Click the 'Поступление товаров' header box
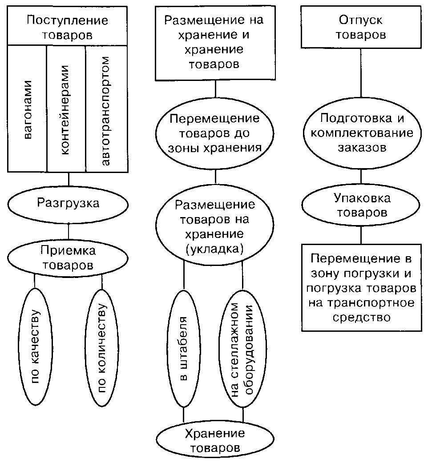(x=67, y=26)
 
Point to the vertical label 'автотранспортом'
(x=105, y=110)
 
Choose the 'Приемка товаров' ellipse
(x=68, y=258)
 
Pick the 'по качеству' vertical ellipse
(x=35, y=346)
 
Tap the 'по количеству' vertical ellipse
(x=101, y=348)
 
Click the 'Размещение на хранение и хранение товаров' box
(x=215, y=43)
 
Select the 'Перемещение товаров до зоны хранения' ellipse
(x=214, y=133)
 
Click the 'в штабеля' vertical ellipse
(x=184, y=349)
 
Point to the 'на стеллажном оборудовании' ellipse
(x=243, y=349)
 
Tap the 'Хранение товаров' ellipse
(x=215, y=440)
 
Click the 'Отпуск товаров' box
(x=361, y=27)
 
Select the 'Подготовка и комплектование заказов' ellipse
(x=362, y=133)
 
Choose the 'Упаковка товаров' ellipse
(x=361, y=205)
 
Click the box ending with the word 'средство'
(x=361, y=288)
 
